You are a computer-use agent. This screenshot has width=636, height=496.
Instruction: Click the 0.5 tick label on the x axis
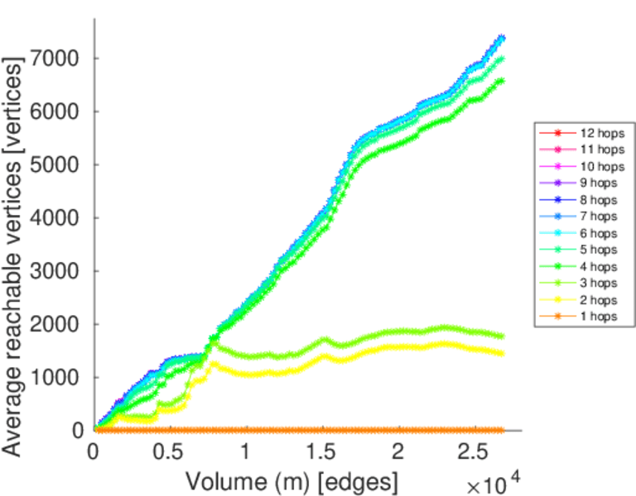pyautogui.click(x=170, y=454)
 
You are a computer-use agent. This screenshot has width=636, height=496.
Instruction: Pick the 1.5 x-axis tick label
pyautogui.click(x=322, y=454)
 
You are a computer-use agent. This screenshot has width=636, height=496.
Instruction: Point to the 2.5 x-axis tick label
pyautogui.click(x=475, y=454)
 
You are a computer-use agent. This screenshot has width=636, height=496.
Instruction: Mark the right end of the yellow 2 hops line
pyautogui.click(x=501, y=354)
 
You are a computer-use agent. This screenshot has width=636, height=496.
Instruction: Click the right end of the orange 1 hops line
pyautogui.click(x=501, y=430)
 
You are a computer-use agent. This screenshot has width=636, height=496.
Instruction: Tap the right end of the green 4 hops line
pyautogui.click(x=501, y=80)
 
